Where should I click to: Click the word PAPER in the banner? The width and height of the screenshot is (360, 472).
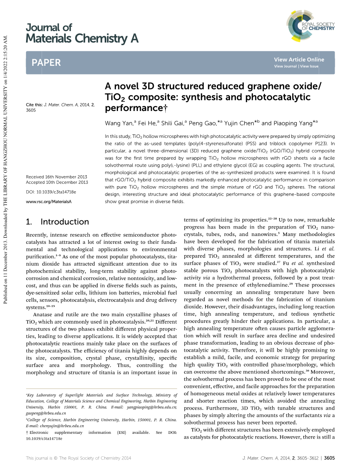[x=46, y=63]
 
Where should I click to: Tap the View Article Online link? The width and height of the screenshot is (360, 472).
[x=299, y=60]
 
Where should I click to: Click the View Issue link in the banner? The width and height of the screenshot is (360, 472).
[x=309, y=66]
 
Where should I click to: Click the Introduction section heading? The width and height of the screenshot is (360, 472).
[x=65, y=222]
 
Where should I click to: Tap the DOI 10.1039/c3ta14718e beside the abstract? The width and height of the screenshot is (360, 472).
[x=51, y=192]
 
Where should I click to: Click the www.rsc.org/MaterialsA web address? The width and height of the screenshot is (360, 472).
[x=49, y=202]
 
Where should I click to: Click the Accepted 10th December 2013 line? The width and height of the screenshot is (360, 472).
[x=57, y=182]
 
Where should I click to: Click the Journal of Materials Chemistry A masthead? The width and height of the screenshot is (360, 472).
[x=82, y=33]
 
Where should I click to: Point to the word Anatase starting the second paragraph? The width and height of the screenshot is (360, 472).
[x=44, y=314]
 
